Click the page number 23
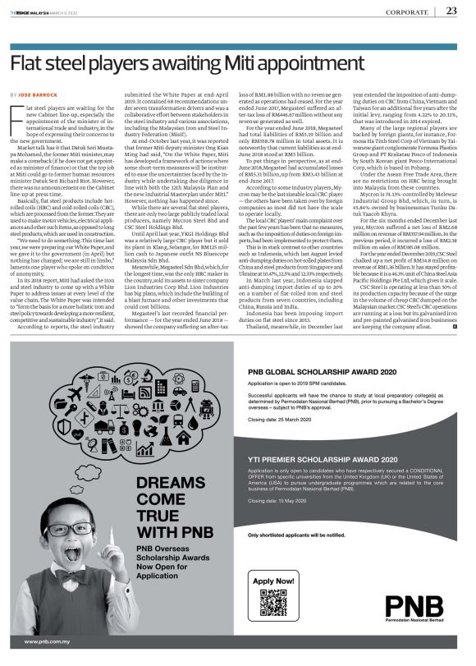[x=452, y=11]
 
